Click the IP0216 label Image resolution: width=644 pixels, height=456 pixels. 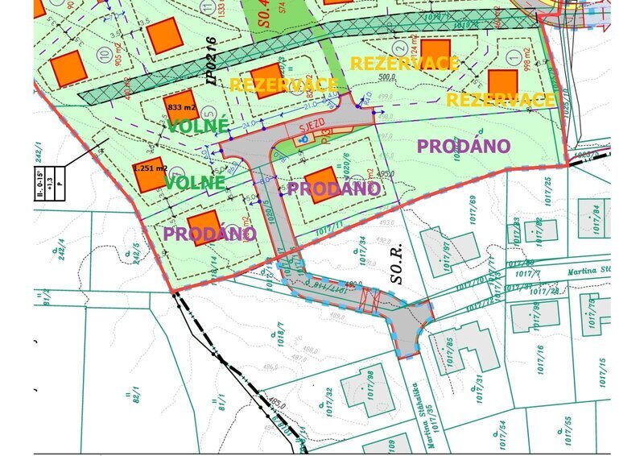[212, 60]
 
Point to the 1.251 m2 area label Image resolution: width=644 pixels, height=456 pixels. [150, 168]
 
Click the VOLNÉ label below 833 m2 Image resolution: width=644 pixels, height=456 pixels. [198, 126]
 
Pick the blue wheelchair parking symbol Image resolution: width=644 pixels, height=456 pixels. [303, 139]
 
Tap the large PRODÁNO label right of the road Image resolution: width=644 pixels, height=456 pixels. [463, 146]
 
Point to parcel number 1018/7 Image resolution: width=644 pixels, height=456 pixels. [281, 331]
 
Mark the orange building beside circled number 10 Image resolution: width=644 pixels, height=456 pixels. [68, 68]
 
